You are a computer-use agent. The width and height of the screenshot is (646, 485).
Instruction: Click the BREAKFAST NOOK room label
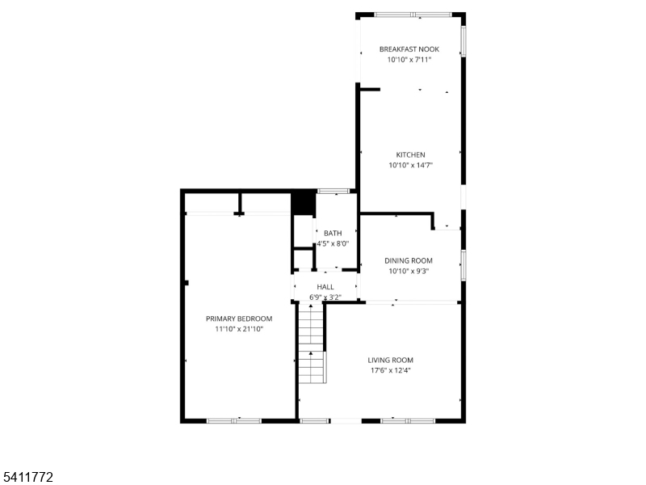(409, 49)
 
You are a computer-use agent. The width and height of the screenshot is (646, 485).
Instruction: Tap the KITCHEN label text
(410, 154)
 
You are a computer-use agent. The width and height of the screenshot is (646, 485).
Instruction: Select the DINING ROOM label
(409, 260)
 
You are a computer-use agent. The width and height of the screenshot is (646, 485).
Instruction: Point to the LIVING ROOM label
(390, 360)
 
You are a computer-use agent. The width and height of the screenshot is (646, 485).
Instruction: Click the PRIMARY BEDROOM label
(239, 318)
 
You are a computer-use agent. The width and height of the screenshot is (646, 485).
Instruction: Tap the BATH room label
(333, 233)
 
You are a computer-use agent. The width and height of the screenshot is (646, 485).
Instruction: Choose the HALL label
(325, 287)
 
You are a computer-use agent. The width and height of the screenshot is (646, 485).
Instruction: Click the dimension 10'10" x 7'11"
(409, 59)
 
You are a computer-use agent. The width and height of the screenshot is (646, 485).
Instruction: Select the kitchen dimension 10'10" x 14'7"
(410, 165)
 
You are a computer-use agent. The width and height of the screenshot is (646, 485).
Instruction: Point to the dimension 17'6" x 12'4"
(390, 370)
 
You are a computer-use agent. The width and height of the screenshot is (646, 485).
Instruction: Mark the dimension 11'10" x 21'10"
(239, 329)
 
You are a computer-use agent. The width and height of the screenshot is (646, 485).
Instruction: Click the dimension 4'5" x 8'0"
(333, 243)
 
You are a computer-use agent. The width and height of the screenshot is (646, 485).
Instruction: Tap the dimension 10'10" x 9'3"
(409, 271)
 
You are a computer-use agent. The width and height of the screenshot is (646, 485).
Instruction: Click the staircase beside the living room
(312, 343)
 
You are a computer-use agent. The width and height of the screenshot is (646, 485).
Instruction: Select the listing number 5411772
(27, 477)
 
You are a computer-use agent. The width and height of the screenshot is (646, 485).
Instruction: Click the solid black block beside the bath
(304, 203)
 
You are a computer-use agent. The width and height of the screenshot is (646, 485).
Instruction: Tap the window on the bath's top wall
(333, 191)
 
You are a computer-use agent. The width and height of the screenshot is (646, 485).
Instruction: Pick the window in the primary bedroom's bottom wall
(234, 421)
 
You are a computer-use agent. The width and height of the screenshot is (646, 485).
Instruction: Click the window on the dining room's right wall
(464, 265)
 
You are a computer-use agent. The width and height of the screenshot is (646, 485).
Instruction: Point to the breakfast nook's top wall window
(413, 15)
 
